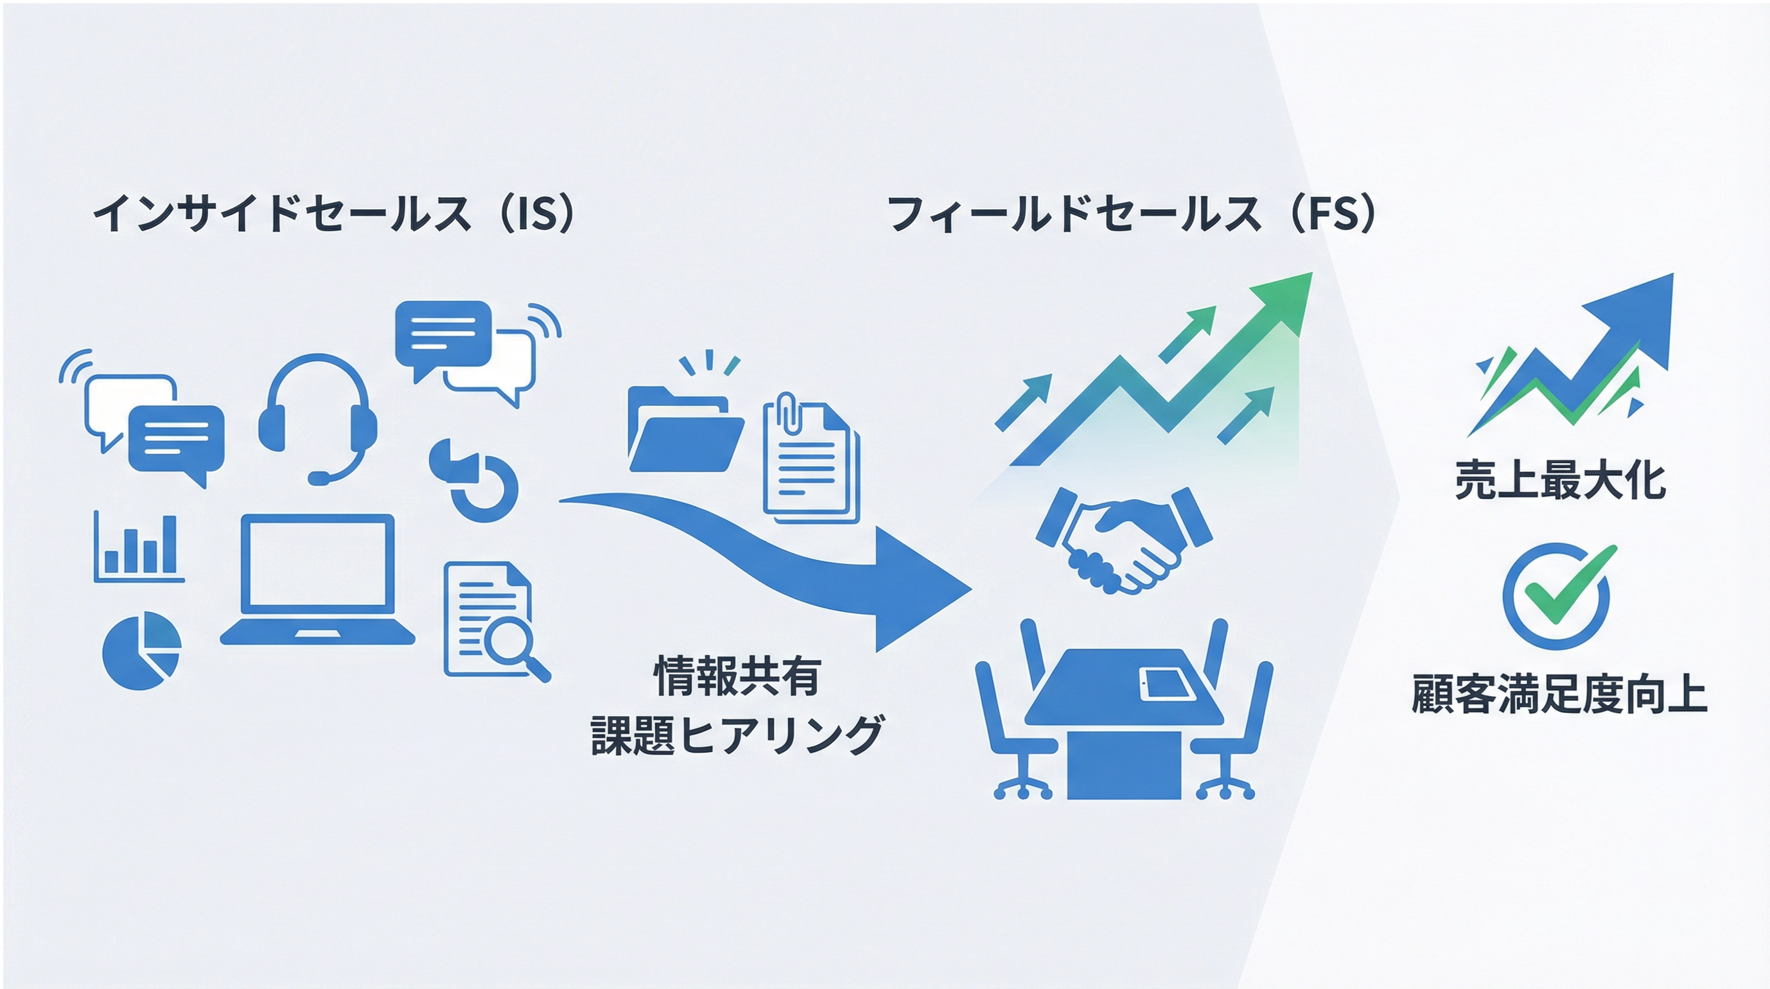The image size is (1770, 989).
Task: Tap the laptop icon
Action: coord(317,580)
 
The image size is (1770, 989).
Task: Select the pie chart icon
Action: coord(141,650)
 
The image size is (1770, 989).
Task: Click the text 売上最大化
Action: coord(1561,480)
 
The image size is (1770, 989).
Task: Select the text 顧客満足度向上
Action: coord(1559,695)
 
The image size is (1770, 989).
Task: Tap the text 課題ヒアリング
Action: coord(737,735)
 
